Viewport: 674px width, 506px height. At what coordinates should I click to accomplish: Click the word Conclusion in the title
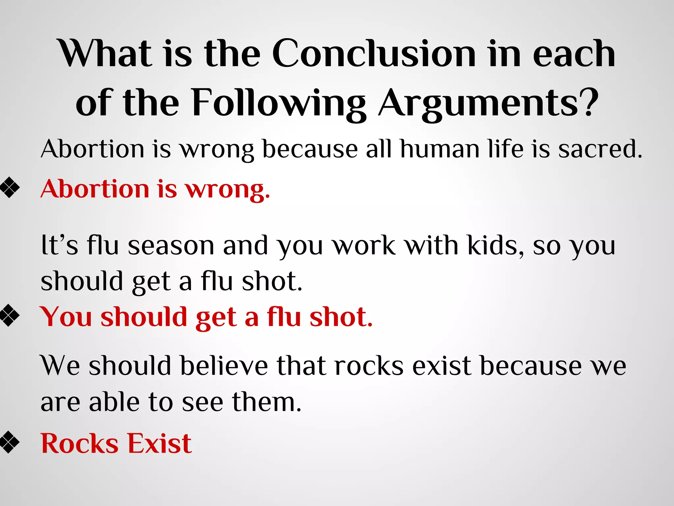point(374,53)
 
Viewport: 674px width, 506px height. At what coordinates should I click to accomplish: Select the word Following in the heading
point(278,103)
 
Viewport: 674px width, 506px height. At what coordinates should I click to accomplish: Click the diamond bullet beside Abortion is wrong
point(10,188)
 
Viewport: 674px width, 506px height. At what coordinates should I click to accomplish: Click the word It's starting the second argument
point(60,245)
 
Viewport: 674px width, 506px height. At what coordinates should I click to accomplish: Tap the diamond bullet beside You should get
point(10,316)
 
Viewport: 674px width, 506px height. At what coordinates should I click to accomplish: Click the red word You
point(66,317)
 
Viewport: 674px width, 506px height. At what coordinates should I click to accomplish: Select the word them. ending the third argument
point(267,402)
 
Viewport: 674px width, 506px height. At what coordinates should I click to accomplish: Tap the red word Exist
point(160,444)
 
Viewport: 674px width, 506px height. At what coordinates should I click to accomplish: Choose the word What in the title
point(105,53)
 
